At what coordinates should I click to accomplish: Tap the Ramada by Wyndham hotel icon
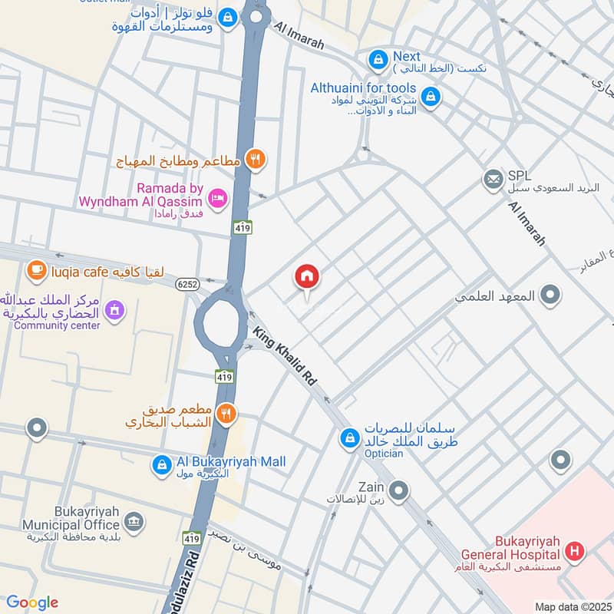pyautogui.click(x=218, y=198)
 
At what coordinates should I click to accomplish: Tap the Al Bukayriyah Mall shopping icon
pyautogui.click(x=161, y=466)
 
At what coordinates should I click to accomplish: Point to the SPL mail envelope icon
pyautogui.click(x=493, y=180)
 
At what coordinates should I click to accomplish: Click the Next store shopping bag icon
pyautogui.click(x=378, y=58)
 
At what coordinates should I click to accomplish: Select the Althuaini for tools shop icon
pyautogui.click(x=431, y=97)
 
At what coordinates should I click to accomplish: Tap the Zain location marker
pyautogui.click(x=398, y=490)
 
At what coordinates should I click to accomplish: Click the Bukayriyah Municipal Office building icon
pyautogui.click(x=134, y=522)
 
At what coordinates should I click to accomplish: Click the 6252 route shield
pyautogui.click(x=186, y=284)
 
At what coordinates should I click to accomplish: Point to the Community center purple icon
pyautogui.click(x=114, y=310)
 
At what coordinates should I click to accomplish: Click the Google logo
pyautogui.click(x=32, y=602)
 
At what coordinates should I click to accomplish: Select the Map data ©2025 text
pyautogui.click(x=571, y=606)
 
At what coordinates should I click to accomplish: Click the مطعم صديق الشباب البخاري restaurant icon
pyautogui.click(x=226, y=414)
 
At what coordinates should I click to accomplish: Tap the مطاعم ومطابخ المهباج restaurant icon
pyautogui.click(x=256, y=160)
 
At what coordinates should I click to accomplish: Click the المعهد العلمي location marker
pyautogui.click(x=550, y=295)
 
